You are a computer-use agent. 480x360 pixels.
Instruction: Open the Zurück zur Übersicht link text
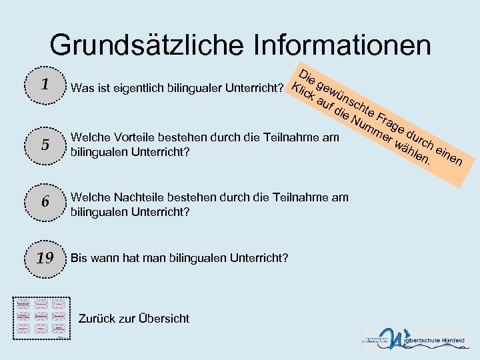[x=133, y=319]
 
